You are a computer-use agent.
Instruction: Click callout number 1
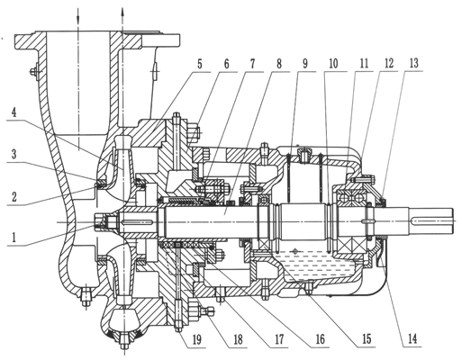click(x=14, y=238)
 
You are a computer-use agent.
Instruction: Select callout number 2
click(x=14, y=196)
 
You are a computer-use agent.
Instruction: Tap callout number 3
click(x=14, y=155)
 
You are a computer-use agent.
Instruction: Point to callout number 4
click(x=14, y=113)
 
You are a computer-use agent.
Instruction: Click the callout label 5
click(x=200, y=64)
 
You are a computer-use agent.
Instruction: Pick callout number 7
click(x=252, y=64)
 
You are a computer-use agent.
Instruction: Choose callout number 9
click(x=305, y=64)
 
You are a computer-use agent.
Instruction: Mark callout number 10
click(x=333, y=64)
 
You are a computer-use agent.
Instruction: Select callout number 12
click(x=388, y=64)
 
